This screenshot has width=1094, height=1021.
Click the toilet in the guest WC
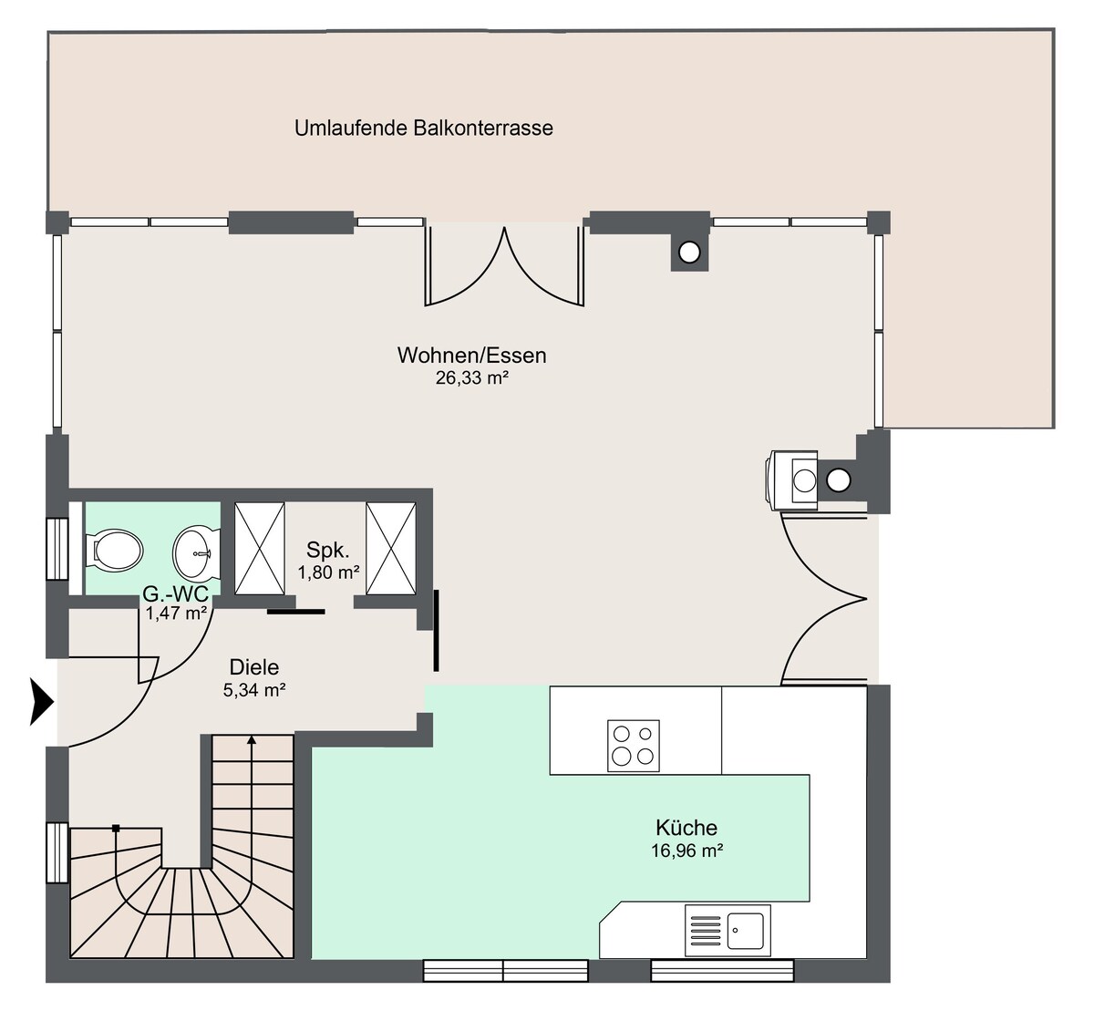pyautogui.click(x=114, y=550)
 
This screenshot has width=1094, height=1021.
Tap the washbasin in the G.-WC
pyautogui.click(x=197, y=553)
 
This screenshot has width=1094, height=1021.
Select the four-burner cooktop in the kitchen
pyautogui.click(x=634, y=746)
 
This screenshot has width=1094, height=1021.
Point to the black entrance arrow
pyautogui.click(x=41, y=702)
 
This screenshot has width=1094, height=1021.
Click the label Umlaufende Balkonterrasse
pyautogui.click(x=424, y=128)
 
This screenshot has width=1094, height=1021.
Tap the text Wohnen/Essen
pyautogui.click(x=472, y=356)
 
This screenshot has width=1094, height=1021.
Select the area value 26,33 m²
pyautogui.click(x=472, y=378)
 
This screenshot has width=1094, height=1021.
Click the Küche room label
pyautogui.click(x=686, y=828)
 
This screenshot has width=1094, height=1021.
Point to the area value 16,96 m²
pyautogui.click(x=686, y=851)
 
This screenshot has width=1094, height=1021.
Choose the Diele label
pyautogui.click(x=254, y=667)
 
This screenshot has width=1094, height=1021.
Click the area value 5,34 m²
pyautogui.click(x=254, y=690)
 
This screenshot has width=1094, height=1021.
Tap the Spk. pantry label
pyautogui.click(x=328, y=550)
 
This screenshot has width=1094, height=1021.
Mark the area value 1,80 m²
pyautogui.click(x=329, y=572)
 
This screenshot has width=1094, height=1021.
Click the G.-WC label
pyautogui.click(x=176, y=594)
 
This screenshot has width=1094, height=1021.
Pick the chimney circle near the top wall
pyautogui.click(x=689, y=253)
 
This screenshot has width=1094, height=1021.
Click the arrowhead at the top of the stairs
pyautogui.click(x=252, y=740)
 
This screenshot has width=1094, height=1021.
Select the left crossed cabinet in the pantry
pyautogui.click(x=260, y=548)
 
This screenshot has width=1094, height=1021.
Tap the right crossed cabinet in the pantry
pyautogui.click(x=391, y=548)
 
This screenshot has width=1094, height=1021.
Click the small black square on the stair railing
pyautogui.click(x=116, y=828)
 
